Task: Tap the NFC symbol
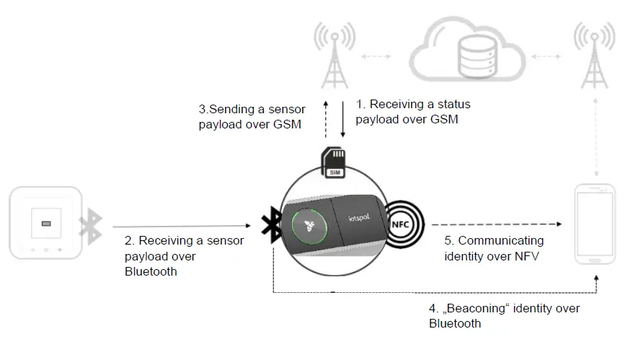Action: tap(404, 224)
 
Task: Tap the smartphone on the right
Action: tap(596, 225)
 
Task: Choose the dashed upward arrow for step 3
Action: tap(326, 118)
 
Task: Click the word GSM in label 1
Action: tap(443, 120)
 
